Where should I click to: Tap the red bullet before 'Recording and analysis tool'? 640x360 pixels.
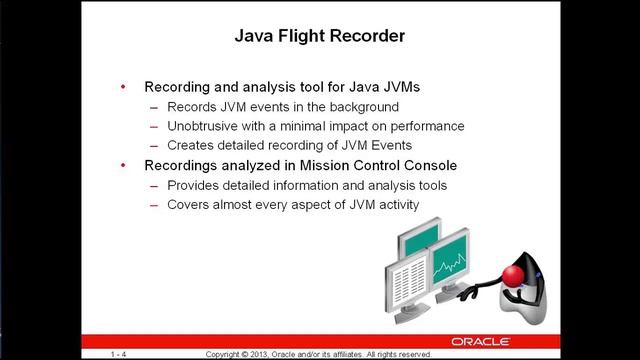click(x=123, y=87)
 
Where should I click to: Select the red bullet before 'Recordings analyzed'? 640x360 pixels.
click(x=123, y=165)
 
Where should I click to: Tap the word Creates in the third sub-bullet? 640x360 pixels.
click(x=193, y=146)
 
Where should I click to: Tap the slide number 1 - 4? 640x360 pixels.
click(x=119, y=354)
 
